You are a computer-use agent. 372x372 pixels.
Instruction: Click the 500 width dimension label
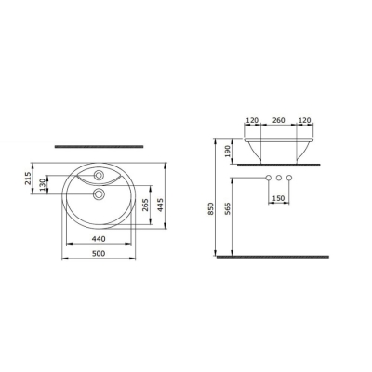[x=103, y=249]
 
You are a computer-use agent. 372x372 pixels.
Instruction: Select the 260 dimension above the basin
[x=275, y=121]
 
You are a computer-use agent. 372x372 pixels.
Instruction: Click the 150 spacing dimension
[x=277, y=197]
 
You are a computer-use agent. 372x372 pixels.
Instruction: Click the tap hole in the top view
[x=100, y=175]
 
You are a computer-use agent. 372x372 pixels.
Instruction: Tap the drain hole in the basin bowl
[x=100, y=194]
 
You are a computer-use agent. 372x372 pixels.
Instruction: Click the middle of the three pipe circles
[x=277, y=178]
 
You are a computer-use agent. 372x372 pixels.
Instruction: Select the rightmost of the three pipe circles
[x=288, y=178]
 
